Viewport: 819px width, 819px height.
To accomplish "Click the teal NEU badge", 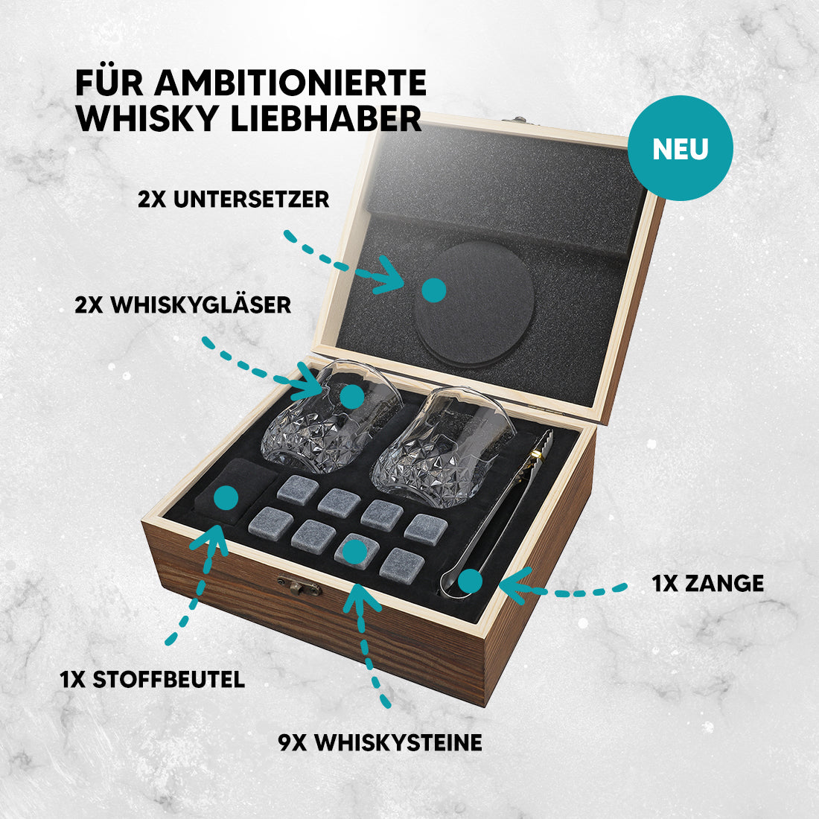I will click(680, 148).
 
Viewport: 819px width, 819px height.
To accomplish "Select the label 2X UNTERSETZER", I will click(233, 200).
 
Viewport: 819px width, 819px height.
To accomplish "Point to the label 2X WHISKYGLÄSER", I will click(182, 305).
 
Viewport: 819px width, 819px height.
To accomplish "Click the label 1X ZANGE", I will click(707, 583).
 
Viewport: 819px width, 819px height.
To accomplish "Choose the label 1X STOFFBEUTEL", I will click(152, 679).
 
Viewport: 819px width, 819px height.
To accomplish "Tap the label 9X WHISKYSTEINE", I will click(380, 742).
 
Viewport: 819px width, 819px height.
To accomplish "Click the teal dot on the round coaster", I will click(433, 290).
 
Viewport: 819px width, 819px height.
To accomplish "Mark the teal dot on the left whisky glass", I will click(351, 395).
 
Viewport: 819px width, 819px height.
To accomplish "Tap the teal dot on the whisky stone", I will click(354, 552).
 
